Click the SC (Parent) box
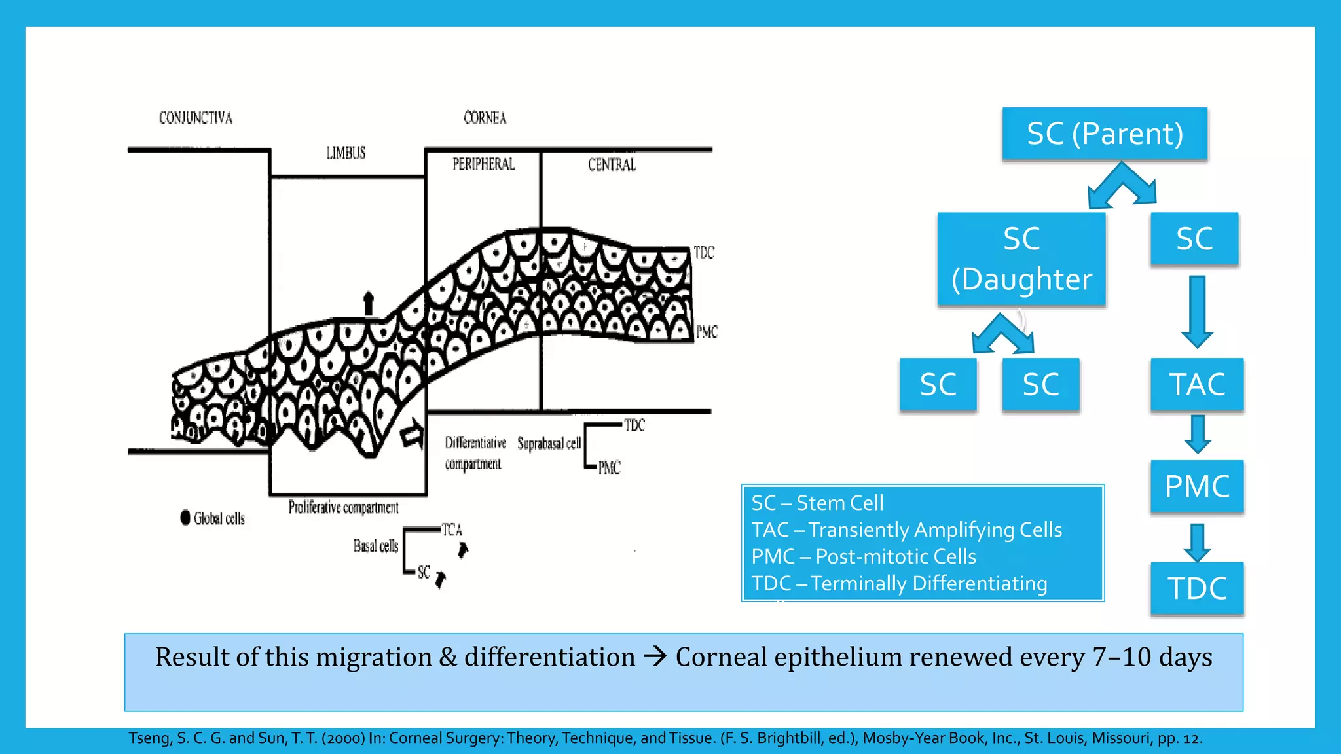(1105, 134)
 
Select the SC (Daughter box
(1021, 259)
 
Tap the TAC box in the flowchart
(1197, 384)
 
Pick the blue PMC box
(1197, 486)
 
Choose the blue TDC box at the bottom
(1197, 588)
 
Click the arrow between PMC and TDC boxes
(1197, 542)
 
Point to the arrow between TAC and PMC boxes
(1197, 434)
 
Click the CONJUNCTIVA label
(196, 118)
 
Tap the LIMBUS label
(346, 153)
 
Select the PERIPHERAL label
(483, 164)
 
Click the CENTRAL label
(612, 164)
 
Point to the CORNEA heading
(485, 118)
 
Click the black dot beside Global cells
(185, 518)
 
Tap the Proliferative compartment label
(343, 507)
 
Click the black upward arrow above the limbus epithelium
(369, 303)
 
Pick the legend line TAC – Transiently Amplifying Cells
(906, 530)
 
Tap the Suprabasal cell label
(549, 444)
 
